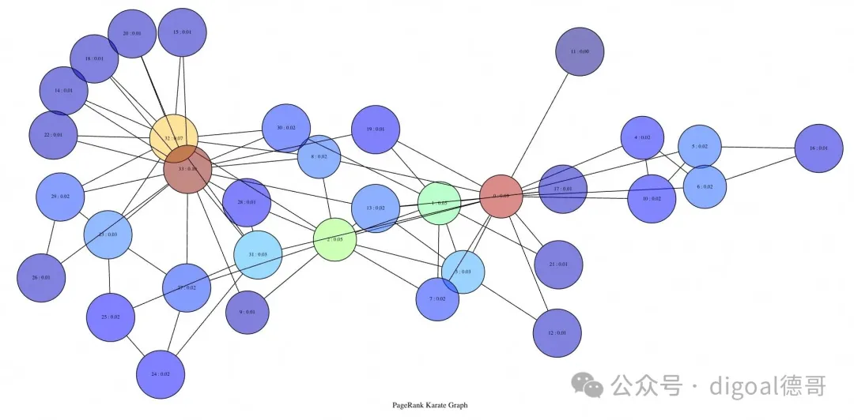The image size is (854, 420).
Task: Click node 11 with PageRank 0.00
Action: tap(580, 51)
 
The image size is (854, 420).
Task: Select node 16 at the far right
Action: tap(818, 148)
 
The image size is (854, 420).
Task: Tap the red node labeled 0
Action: tap(501, 196)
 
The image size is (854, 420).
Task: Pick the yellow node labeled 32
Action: tap(173, 138)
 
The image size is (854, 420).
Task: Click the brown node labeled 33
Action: tap(187, 169)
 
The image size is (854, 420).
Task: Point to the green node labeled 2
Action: tap(334, 239)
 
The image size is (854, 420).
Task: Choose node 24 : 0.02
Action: tap(161, 373)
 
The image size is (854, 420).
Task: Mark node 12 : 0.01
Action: tap(557, 332)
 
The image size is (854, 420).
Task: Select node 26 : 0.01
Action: tap(41, 278)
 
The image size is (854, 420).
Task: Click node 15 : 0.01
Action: tap(183, 32)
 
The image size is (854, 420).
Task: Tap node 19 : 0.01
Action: tap(375, 129)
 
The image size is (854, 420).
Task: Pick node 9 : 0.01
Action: tap(248, 312)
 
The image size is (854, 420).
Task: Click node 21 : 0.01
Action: tap(558, 264)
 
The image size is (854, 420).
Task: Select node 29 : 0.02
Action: tap(60, 197)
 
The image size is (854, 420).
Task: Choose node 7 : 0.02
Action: tap(438, 298)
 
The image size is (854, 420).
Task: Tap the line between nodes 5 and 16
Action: tap(759, 148)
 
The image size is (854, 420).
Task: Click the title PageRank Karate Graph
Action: tap(429, 405)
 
